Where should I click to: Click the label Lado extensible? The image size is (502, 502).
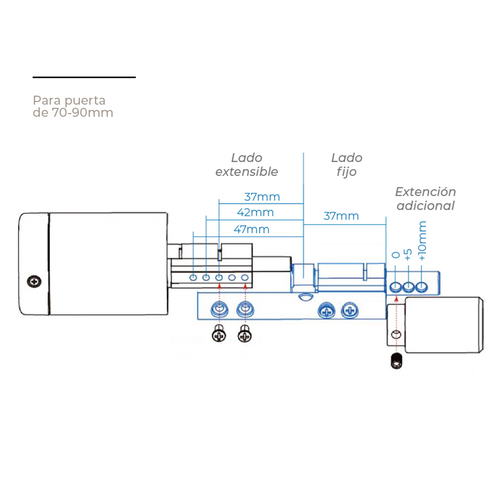pyautogui.click(x=246, y=164)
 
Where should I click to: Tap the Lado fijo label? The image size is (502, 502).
pyautogui.click(x=347, y=164)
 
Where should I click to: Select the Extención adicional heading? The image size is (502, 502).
pyautogui.click(x=425, y=199)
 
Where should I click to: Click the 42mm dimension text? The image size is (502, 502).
pyautogui.click(x=256, y=212)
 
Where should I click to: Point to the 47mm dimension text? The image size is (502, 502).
pyautogui.click(x=252, y=229)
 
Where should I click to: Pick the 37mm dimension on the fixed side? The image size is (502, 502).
pyautogui.click(x=341, y=216)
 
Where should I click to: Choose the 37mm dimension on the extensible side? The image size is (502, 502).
pyautogui.click(x=262, y=197)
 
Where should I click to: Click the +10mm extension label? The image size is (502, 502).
pyautogui.click(x=422, y=241)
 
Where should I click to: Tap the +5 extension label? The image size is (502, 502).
pyautogui.click(x=407, y=254)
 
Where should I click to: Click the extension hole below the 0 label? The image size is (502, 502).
pyautogui.click(x=396, y=287)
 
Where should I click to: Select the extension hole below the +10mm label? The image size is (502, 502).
pyautogui.click(x=421, y=287)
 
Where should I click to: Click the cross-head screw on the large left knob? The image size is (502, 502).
pyautogui.click(x=35, y=282)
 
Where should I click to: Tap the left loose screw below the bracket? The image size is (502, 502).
pyautogui.click(x=219, y=334)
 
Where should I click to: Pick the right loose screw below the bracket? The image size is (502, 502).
pyautogui.click(x=245, y=334)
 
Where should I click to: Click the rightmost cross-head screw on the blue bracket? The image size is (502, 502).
pyautogui.click(x=349, y=311)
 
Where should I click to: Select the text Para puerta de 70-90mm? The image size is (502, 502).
pyautogui.click(x=73, y=106)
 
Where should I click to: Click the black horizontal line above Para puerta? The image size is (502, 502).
pyautogui.click(x=84, y=77)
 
